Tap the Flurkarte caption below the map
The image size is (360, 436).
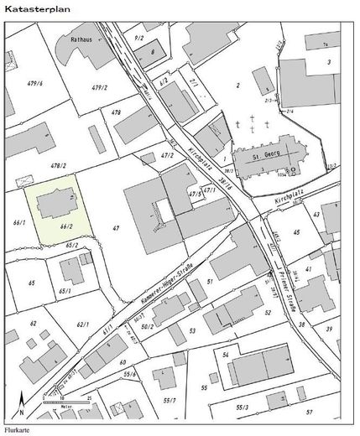15,430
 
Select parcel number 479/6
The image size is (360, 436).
34,83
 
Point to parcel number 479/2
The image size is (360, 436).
100,87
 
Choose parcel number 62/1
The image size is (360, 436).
82,324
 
